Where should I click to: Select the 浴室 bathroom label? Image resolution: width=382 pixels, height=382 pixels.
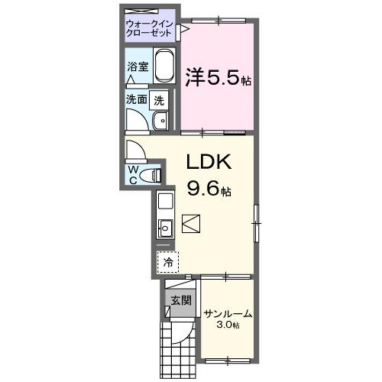138,66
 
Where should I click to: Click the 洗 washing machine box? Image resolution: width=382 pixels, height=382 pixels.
158,99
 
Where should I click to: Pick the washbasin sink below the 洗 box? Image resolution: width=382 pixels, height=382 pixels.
161,121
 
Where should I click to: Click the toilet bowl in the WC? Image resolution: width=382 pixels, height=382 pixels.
154,175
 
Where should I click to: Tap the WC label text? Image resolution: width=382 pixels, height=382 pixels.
133,174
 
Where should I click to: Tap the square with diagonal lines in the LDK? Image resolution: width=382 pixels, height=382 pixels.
191,225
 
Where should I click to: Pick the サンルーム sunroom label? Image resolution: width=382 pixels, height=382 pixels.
228,313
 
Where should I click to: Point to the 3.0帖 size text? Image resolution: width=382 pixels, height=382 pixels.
227,325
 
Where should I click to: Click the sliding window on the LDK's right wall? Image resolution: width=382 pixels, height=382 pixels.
257,222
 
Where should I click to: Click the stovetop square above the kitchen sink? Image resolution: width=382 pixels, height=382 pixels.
165,203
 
